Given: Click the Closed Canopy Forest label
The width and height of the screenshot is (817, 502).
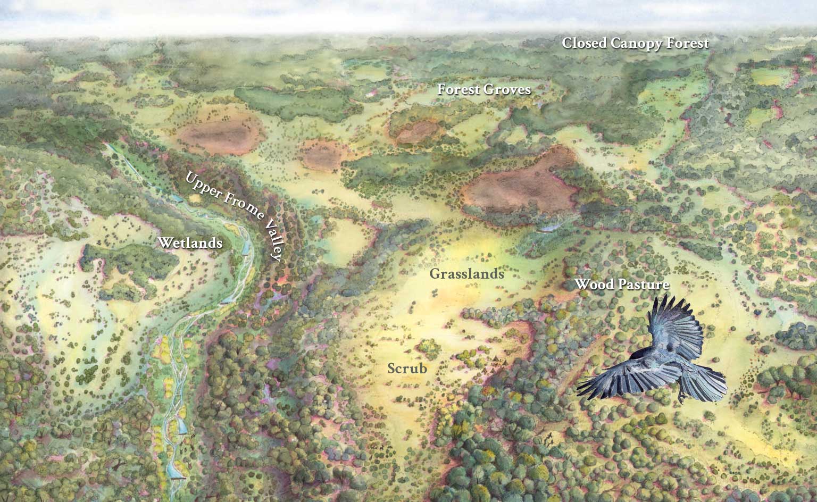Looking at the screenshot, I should tap(636, 44).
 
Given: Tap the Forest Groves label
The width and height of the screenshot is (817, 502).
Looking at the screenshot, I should tap(484, 89).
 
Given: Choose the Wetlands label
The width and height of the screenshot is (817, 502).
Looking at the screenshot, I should tap(190, 243).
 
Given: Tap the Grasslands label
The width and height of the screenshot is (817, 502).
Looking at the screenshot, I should tap(466, 274).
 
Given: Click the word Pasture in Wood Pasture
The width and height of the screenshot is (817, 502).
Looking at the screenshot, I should tap(644, 285).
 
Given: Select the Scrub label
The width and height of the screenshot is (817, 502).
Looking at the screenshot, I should tap(407, 368).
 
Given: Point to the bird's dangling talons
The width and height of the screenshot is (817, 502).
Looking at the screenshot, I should tap(682, 396).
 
